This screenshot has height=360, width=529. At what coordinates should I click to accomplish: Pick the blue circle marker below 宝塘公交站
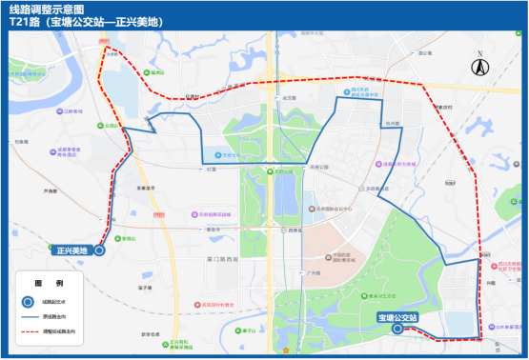pos(397,329)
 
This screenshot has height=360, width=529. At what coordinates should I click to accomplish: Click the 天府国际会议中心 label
pos(334,209)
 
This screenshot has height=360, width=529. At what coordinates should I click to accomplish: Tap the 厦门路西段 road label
pos(223,258)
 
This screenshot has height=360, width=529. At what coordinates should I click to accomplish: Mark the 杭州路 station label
pos(392,124)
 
